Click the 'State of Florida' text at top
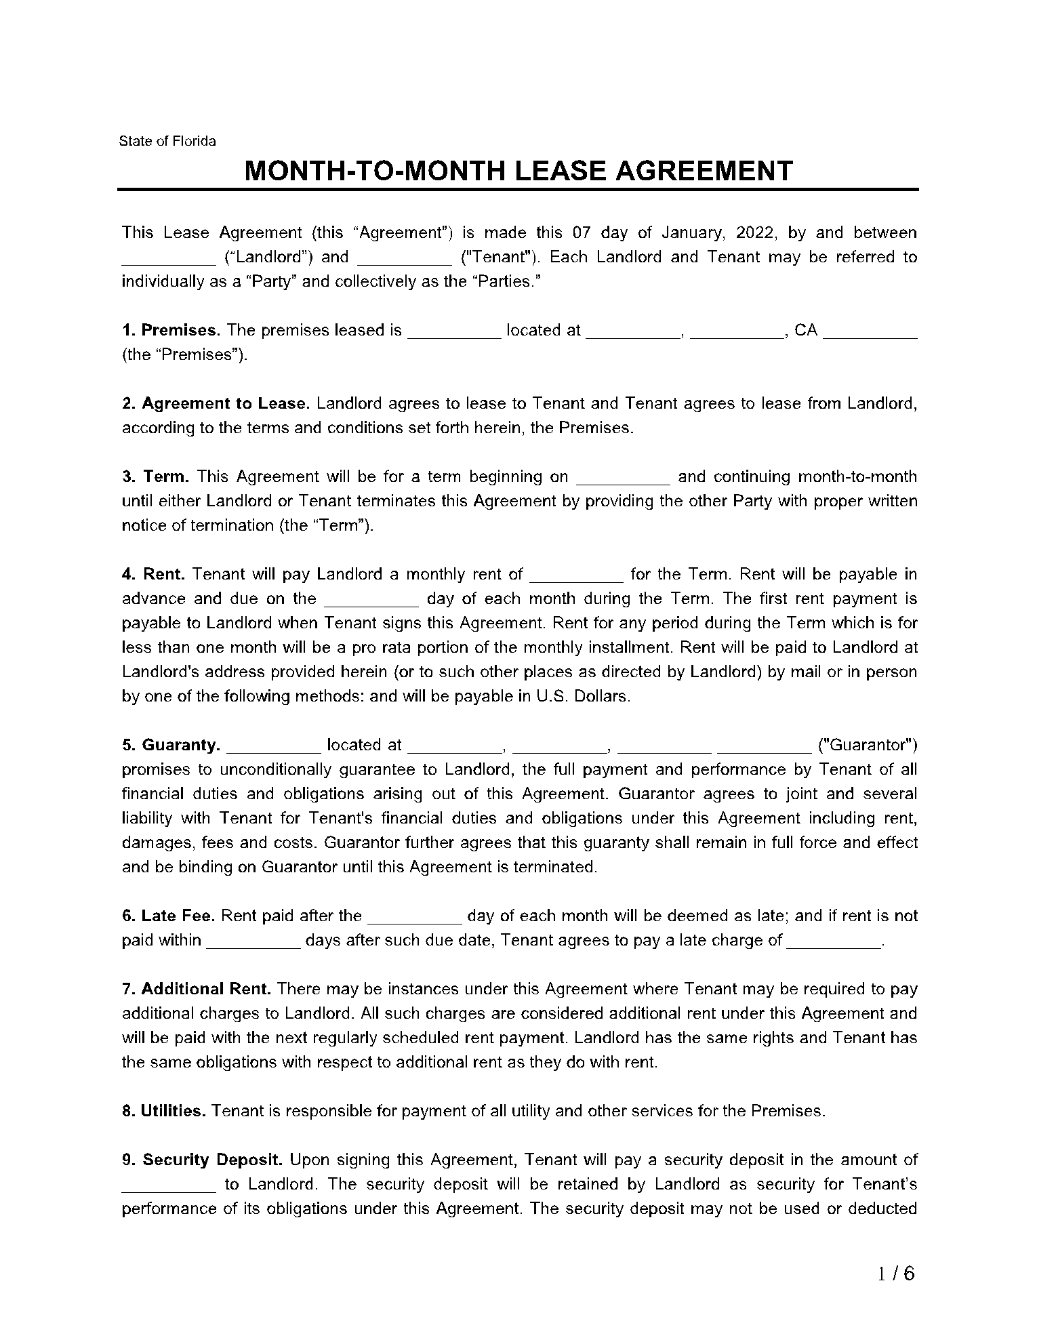pyautogui.click(x=167, y=141)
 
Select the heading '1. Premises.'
pyautogui.click(x=171, y=330)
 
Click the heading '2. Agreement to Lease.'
pyautogui.click(x=216, y=403)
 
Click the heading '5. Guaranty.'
pyautogui.click(x=171, y=745)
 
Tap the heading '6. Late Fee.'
pyautogui.click(x=168, y=916)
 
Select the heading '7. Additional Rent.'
pyautogui.click(x=197, y=989)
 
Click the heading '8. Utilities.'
pyautogui.click(x=163, y=1111)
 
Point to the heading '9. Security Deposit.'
pyautogui.click(x=201, y=1160)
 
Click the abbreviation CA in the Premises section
pyautogui.click(x=806, y=330)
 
